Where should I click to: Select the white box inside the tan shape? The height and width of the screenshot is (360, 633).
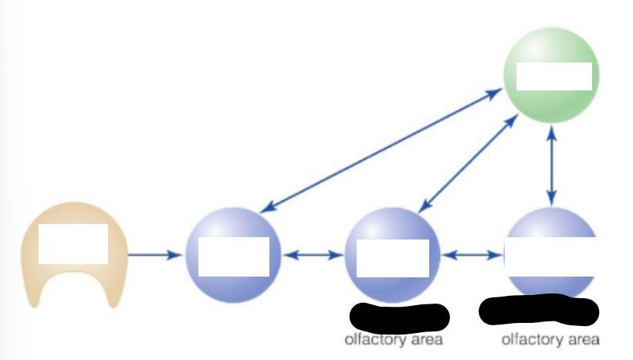click(73, 244)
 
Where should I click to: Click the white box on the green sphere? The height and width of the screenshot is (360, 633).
click(554, 76)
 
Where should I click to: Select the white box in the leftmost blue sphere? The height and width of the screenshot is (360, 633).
click(234, 257)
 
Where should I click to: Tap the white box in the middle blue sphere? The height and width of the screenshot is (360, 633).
click(393, 258)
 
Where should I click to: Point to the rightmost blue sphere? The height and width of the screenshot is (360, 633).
click(551, 222)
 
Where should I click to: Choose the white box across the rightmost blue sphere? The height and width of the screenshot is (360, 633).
click(550, 256)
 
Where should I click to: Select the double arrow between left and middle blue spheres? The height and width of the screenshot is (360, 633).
click(313, 255)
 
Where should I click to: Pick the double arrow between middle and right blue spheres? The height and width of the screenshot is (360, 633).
click(472, 255)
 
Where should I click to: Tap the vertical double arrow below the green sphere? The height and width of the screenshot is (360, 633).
click(551, 165)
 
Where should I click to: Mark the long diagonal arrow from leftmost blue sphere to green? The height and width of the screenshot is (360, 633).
click(381, 151)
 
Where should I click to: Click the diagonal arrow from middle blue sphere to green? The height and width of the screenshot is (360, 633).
click(469, 163)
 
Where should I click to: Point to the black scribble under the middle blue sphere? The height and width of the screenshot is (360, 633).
click(399, 318)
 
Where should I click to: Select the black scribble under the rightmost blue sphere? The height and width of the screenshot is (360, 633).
click(539, 311)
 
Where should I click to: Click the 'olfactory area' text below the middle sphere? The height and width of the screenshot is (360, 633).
click(394, 340)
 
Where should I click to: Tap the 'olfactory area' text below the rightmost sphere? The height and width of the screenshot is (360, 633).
click(550, 339)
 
